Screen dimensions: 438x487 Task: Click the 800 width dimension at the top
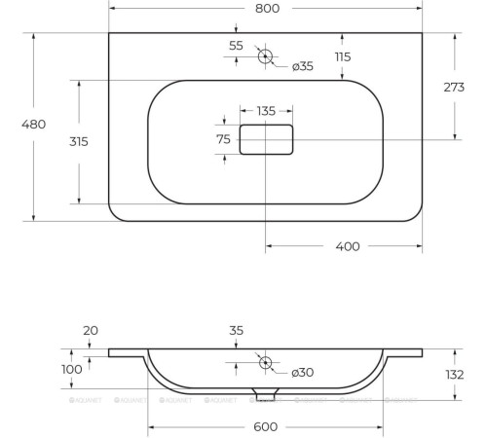[268, 9]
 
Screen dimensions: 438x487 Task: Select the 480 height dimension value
[33, 125]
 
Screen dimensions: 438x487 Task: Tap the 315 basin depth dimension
[79, 141]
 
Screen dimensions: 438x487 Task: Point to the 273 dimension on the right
[454, 87]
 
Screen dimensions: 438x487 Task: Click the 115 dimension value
[342, 57]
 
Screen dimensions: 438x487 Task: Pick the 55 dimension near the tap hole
[236, 46]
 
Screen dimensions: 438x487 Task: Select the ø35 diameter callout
[303, 66]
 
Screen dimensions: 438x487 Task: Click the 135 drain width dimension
[266, 111]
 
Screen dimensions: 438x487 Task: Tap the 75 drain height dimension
[223, 140]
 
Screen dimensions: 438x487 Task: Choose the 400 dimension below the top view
[348, 246]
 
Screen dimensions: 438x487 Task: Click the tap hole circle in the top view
[265, 55]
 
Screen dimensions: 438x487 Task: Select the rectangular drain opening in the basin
[266, 140]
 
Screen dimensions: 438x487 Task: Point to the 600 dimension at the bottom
[266, 427]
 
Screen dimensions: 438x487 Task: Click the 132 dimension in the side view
[454, 375]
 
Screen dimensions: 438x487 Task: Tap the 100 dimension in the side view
[72, 370]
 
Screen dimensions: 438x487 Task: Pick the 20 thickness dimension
[91, 331]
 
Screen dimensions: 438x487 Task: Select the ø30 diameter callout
[303, 373]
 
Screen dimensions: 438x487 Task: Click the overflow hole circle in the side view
[265, 362]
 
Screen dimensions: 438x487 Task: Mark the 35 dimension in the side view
[236, 331]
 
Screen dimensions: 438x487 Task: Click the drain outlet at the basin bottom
[265, 393]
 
